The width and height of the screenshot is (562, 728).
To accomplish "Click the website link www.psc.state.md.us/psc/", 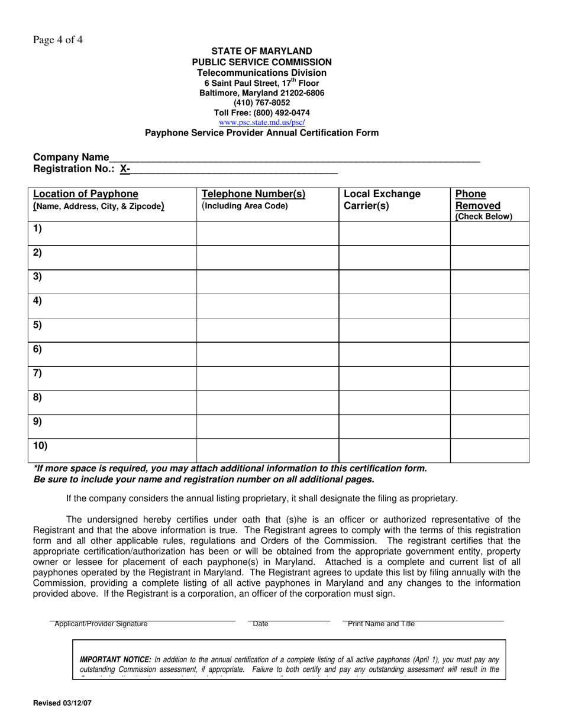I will click(x=262, y=123).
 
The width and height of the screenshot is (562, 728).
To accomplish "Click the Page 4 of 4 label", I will click(x=58, y=40).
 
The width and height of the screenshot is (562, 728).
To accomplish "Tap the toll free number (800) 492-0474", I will click(x=261, y=112).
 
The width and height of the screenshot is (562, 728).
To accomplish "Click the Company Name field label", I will click(x=71, y=157).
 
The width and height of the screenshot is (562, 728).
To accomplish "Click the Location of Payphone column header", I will click(x=86, y=194).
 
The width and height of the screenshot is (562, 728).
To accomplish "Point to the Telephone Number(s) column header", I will click(x=254, y=194).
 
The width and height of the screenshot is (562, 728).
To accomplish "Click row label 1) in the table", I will click(x=38, y=228).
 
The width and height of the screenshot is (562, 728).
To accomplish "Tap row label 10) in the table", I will click(x=40, y=446).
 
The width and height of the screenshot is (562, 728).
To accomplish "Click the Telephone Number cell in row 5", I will click(x=267, y=330).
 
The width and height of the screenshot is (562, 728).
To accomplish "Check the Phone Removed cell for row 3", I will click(x=489, y=282).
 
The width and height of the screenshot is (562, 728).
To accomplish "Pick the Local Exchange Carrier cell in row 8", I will click(x=395, y=402).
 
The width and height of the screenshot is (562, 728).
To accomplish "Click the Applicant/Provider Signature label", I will click(x=101, y=624).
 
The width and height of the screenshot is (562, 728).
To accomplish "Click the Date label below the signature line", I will click(x=260, y=624).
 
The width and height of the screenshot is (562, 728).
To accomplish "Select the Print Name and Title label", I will click(x=381, y=624).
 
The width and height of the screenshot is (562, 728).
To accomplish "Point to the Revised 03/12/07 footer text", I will click(x=63, y=703).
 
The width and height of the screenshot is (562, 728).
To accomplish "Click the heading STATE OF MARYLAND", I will click(x=261, y=51).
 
